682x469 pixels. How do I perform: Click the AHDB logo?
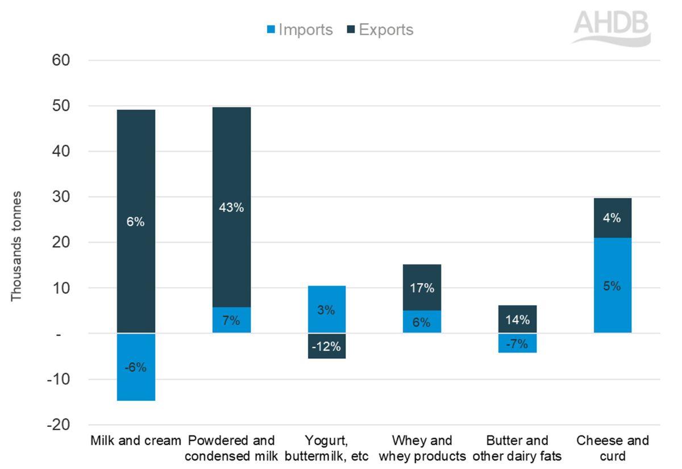pyautogui.click(x=610, y=28)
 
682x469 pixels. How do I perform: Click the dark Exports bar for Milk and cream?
pyautogui.click(x=136, y=171)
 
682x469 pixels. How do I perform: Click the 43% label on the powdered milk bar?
pyautogui.click(x=231, y=207)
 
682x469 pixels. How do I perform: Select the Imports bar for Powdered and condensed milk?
pyautogui.click(x=231, y=320)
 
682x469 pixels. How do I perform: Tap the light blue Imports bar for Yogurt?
pyautogui.click(x=326, y=298)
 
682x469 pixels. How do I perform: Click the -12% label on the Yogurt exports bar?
pyautogui.click(x=326, y=346)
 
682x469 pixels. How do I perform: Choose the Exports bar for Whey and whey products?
pyautogui.click(x=422, y=279)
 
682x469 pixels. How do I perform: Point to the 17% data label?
pyautogui.click(x=422, y=288)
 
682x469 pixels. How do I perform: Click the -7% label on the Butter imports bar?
pyautogui.click(x=517, y=344)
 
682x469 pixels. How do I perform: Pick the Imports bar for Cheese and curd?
pyautogui.click(x=612, y=296)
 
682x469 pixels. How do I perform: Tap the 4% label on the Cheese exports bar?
pyautogui.click(x=612, y=218)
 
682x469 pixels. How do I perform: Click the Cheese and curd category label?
pyautogui.click(x=612, y=448)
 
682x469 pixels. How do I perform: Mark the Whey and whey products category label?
pyautogui.click(x=422, y=448)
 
